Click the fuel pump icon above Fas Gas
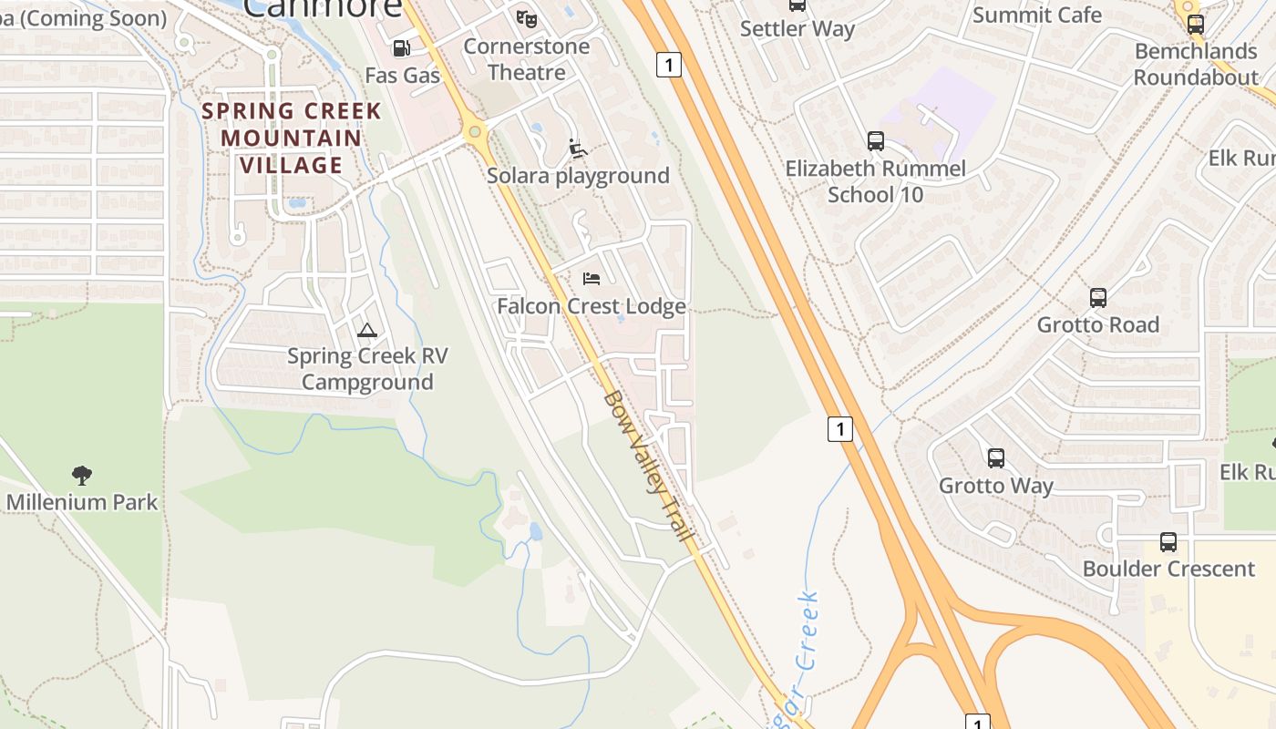pos(401,48)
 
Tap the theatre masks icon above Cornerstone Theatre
pos(526,18)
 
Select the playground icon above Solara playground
pos(578,148)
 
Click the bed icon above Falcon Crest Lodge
pos(592,278)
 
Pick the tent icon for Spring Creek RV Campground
pos(367,330)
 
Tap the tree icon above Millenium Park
pos(82,475)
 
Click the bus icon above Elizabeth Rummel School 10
pos(875,141)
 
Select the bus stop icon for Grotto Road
pos(1098,298)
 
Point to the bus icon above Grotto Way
pos(996,458)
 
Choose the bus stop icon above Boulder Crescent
pos(1168,542)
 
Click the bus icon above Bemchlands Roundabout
pos(1196,25)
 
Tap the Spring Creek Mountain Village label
pos(292,139)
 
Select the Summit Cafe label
pos(1037,15)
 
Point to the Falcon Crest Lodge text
pos(591,306)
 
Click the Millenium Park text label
pos(82,502)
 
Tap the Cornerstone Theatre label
pos(527,59)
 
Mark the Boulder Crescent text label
pos(1168,569)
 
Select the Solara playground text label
pos(578,176)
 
